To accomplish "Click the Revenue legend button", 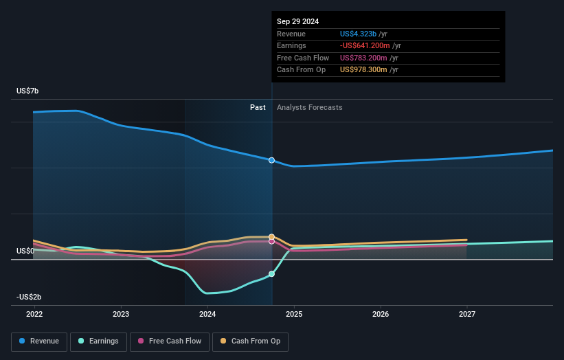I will (39, 341).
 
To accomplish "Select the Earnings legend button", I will (98, 341).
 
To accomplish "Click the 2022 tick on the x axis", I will (34, 314).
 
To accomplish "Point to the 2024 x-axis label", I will (207, 314).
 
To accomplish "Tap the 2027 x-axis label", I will (467, 314).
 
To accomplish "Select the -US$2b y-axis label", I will (30, 297).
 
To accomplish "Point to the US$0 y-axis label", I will (26, 251).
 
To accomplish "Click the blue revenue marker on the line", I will (272, 160).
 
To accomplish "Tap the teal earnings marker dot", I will (272, 274).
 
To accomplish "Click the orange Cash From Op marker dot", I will (272, 236).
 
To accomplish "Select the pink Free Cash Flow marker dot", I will (272, 241).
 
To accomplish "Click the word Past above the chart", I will (258, 107).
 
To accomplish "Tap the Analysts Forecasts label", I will (309, 107).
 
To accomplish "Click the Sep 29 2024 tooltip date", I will (297, 21).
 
